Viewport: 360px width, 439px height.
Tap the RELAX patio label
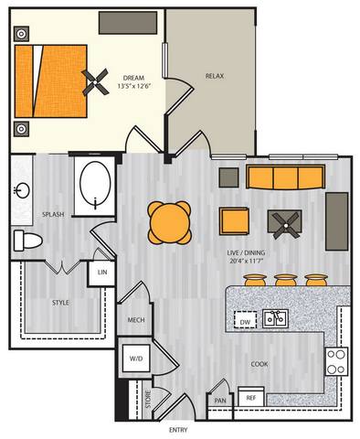tap(215, 76)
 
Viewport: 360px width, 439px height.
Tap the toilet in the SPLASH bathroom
tap(27, 240)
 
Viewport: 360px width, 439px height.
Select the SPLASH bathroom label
tap(52, 215)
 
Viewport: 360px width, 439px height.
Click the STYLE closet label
tap(60, 301)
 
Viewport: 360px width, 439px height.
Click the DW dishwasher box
tap(244, 322)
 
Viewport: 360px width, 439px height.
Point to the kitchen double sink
tap(274, 318)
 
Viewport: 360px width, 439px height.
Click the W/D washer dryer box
tap(136, 358)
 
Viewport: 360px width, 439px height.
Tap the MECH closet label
tap(136, 320)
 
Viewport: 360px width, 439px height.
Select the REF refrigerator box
tap(249, 398)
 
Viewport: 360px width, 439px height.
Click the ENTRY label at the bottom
tap(181, 429)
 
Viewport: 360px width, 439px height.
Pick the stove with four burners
tap(336, 361)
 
